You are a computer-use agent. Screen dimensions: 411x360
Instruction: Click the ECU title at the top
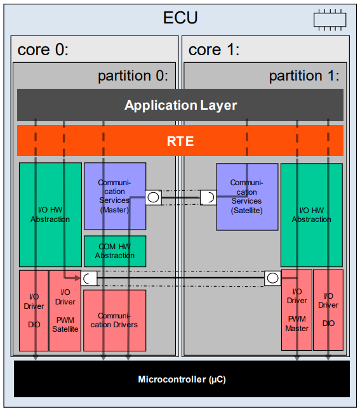coord(180,17)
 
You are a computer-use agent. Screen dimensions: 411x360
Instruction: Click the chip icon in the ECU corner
coord(330,19)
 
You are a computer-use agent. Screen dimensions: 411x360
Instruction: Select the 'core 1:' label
coord(214,49)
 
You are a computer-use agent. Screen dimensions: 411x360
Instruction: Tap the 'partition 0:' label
coord(133,76)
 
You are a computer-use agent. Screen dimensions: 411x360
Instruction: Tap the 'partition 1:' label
coord(304,76)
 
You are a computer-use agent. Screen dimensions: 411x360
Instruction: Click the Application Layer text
coord(180,105)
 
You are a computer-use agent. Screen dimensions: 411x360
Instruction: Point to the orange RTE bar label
coord(180,141)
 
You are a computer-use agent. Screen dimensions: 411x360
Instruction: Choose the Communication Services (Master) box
coord(115,196)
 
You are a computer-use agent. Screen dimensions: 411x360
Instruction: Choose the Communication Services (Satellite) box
coord(247,196)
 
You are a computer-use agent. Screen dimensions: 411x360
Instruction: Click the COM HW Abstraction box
coord(115,251)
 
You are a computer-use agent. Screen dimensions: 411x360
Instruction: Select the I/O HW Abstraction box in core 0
coord(50,215)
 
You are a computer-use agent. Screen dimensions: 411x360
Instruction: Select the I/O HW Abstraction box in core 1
coord(311,215)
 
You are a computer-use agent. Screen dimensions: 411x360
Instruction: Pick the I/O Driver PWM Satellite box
coord(65,311)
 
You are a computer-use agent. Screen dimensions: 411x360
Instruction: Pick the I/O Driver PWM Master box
coord(297,311)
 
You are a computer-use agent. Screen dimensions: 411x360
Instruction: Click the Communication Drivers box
coord(115,320)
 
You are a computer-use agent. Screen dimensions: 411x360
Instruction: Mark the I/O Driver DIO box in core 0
coord(34,311)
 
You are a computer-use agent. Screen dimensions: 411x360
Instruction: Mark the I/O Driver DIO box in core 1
coord(328,311)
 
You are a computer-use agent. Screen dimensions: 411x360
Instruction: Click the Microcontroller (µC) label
coord(182,380)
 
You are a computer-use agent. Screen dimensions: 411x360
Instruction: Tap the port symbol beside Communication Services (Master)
coord(153,197)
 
